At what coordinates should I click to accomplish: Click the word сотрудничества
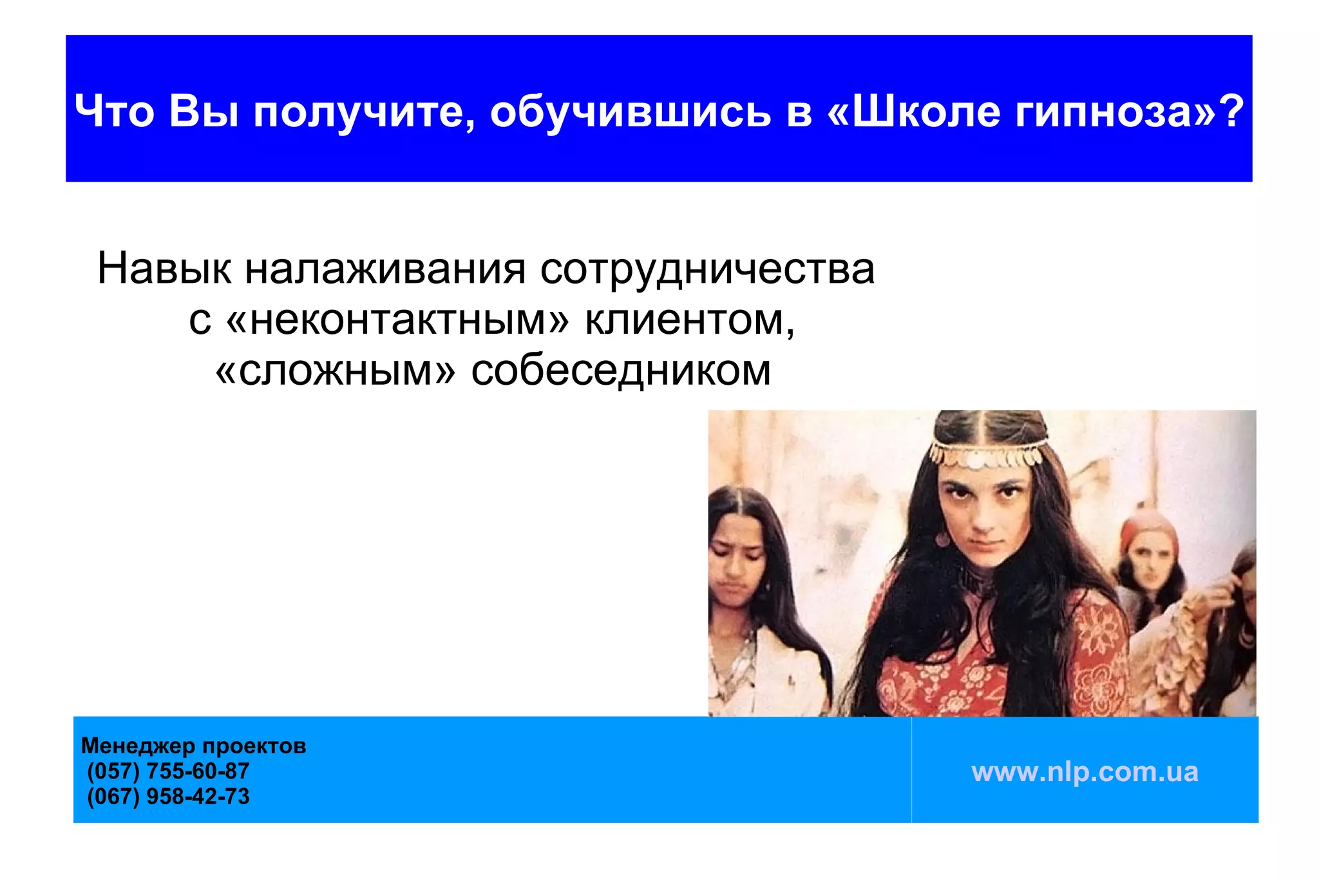coord(707,269)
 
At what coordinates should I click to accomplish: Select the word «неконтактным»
coord(398,320)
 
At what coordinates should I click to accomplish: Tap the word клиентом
coord(689,320)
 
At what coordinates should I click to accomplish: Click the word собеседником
coord(621,371)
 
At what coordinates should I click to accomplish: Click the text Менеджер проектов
coord(193,746)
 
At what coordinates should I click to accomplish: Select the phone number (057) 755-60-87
coord(168,771)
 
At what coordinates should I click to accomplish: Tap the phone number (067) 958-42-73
coord(168,797)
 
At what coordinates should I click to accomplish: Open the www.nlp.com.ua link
coord(1085,772)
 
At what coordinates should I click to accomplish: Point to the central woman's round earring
coord(943,538)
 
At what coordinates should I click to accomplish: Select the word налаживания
coord(385,269)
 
